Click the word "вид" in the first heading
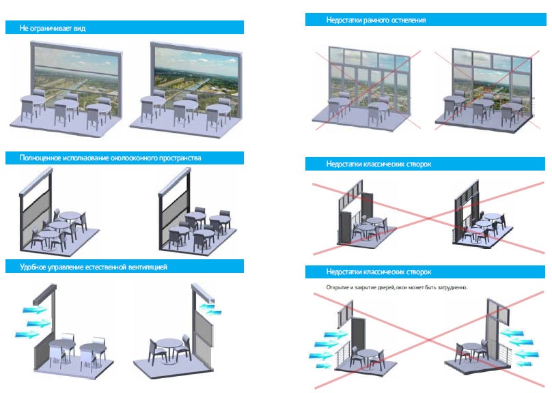click(79, 28)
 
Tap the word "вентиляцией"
click(148, 267)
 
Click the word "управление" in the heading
click(66, 267)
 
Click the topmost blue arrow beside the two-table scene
click(34, 310)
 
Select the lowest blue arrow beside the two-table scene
click(27, 334)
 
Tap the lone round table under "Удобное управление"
click(169, 346)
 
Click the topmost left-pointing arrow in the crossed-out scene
click(512, 332)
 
